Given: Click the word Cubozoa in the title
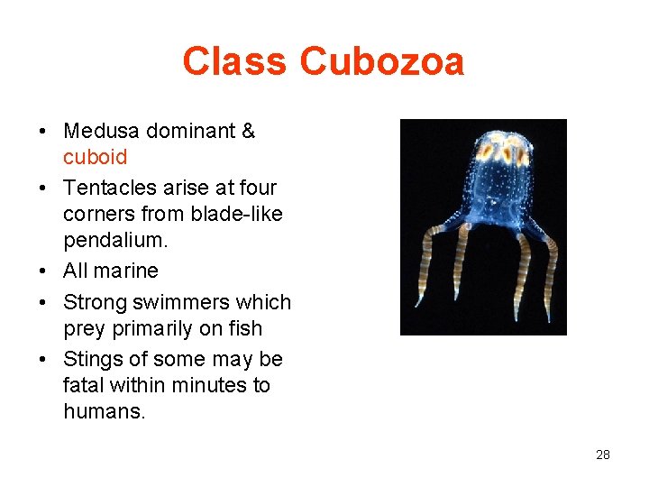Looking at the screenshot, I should click(382, 62).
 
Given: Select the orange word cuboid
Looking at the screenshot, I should click(95, 157).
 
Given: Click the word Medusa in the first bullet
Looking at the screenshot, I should click(103, 132).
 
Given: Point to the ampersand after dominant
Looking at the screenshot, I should click(249, 132).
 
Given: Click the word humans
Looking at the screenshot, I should click(103, 411).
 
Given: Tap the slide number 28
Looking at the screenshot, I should click(603, 455).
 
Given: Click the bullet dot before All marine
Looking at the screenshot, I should click(43, 271).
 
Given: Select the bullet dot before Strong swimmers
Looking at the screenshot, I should click(43, 303).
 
